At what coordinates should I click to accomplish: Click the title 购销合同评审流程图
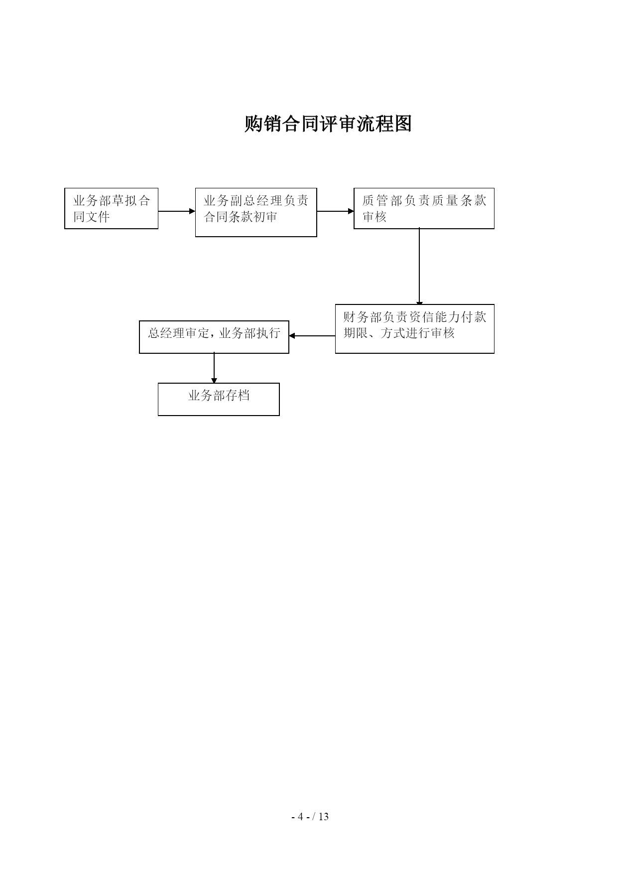click(328, 124)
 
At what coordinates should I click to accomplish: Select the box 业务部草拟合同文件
click(112, 208)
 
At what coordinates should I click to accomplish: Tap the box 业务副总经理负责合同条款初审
click(256, 212)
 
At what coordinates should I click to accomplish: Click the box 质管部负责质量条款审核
click(424, 208)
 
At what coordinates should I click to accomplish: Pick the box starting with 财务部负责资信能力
click(415, 329)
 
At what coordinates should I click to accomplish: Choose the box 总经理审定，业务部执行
click(214, 337)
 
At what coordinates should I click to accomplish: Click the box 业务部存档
click(219, 399)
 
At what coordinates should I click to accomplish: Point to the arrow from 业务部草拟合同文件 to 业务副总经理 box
click(177, 211)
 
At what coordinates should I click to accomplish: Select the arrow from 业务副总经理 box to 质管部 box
click(335, 211)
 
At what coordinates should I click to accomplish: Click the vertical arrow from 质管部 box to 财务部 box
click(419, 267)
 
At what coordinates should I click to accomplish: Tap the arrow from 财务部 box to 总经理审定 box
click(312, 336)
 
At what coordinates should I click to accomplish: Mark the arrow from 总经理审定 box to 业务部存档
click(214, 368)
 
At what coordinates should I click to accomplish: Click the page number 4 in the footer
click(300, 817)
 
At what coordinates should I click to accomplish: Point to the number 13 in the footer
click(324, 817)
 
